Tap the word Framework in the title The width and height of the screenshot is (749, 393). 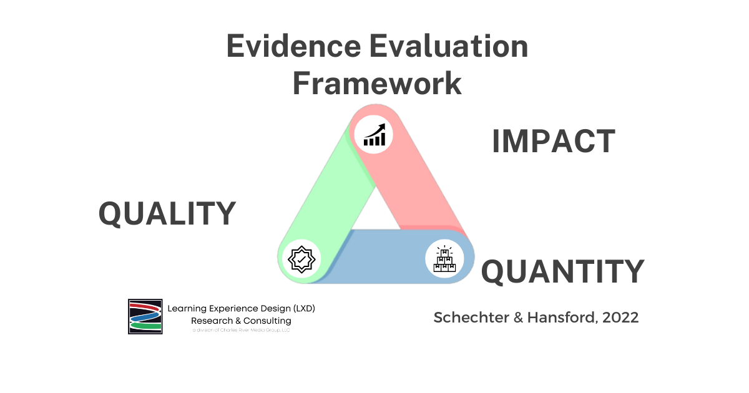click(377, 84)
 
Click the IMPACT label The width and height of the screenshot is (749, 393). click(553, 142)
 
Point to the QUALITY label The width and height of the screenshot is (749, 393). click(167, 214)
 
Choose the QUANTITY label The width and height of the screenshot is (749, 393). click(562, 271)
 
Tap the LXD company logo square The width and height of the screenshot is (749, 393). click(145, 316)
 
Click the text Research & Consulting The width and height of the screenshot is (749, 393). click(241, 321)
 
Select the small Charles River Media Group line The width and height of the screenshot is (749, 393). click(241, 330)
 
